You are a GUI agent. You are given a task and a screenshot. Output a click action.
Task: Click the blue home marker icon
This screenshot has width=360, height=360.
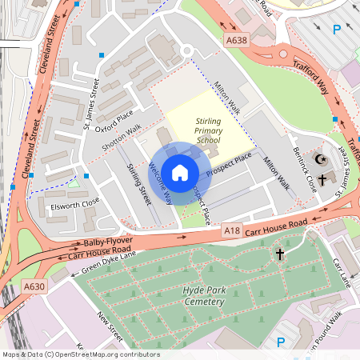(x=180, y=172)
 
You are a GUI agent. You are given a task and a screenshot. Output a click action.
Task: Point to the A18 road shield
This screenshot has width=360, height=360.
(x=232, y=230)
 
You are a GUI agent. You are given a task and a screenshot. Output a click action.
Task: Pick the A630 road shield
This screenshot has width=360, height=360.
(x=34, y=286)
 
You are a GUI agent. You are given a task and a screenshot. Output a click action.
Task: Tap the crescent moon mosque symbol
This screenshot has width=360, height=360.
(x=322, y=160)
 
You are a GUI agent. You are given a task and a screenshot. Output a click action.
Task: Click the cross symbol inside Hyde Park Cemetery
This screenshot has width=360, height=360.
(x=280, y=254)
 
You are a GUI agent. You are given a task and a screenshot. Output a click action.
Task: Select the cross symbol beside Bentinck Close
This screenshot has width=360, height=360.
(x=322, y=179)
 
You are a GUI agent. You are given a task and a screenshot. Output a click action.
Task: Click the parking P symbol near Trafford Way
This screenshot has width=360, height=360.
(x=337, y=30)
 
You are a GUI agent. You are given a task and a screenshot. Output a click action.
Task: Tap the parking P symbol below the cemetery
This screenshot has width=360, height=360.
(x=280, y=342)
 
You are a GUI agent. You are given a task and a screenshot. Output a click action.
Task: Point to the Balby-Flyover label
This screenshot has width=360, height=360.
(x=105, y=242)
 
